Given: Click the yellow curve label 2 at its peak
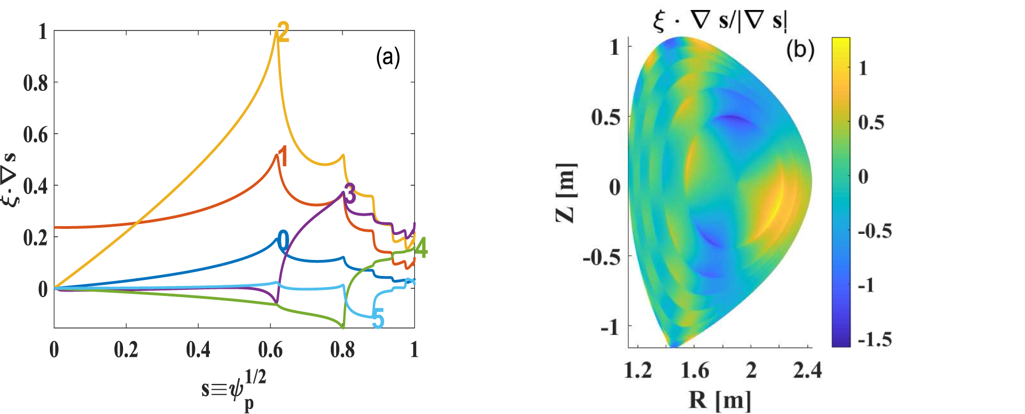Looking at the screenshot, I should pos(283,33).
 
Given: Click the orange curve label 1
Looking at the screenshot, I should pos(283,157).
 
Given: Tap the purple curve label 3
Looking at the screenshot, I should pos(350,194).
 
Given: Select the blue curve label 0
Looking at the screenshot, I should pos(283,242).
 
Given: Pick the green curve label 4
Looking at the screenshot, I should pos(421,248).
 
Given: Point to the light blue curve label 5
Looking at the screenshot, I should pos(378,319).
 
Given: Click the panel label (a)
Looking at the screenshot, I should pos(388,57).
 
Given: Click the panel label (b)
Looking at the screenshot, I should pos(800,50).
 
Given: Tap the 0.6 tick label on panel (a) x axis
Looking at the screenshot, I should pos(270,350).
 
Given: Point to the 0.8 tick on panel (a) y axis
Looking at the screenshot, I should pos(35,83).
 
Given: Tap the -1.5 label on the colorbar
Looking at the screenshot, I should pos(875,339).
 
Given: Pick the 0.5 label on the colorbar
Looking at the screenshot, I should pos(871,122).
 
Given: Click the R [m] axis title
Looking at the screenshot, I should pos(720,399).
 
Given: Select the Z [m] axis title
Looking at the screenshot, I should pos(566,193).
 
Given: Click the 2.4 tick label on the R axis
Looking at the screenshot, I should pos(807,370).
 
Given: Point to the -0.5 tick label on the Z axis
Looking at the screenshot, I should pos(601,257).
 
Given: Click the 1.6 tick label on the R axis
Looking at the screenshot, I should pos(695,370).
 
